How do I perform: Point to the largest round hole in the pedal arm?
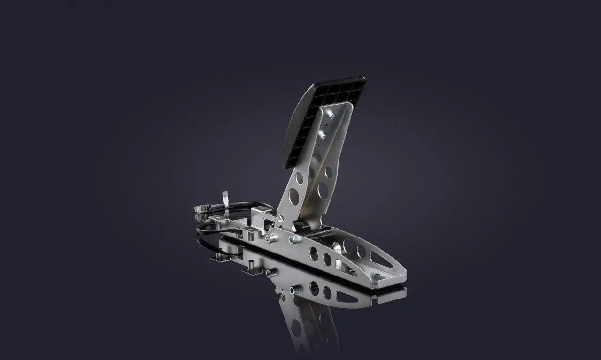click(323, 190)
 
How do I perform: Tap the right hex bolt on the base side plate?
click(293, 240)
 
